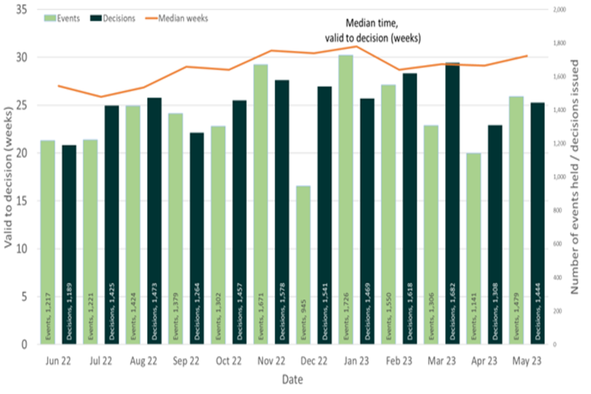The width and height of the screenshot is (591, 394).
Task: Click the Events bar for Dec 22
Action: click(x=304, y=265)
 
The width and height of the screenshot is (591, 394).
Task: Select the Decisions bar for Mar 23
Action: click(x=453, y=203)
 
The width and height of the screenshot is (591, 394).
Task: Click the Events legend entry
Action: click(x=62, y=18)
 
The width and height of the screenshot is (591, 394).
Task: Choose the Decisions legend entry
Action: click(x=113, y=18)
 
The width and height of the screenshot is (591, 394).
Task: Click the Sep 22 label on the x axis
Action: click(x=186, y=361)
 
